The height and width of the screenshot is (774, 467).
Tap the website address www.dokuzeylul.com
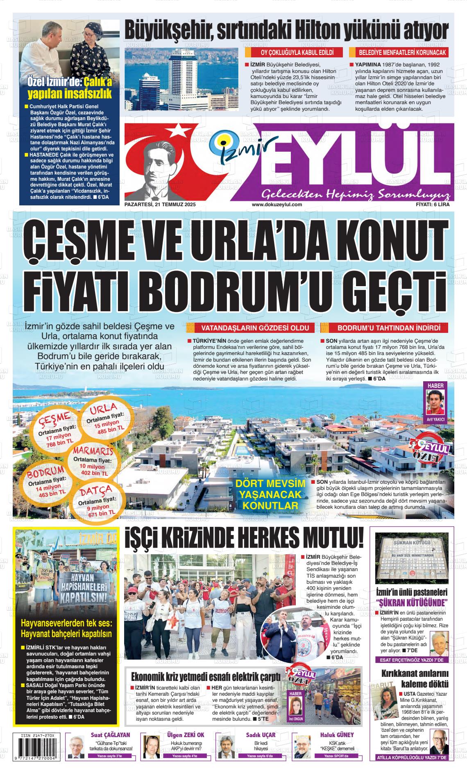pos(277,204)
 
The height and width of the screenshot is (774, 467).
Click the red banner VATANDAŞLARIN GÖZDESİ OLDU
pos(251,328)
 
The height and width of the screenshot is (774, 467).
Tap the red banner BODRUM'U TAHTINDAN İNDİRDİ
pos(383,328)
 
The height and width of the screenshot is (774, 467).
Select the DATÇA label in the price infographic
pos(95,490)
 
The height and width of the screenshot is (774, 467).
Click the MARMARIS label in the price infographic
pos(93,451)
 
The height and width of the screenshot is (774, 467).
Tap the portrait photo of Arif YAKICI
pos(435,401)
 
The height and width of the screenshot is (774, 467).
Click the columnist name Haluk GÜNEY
pos(337,735)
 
